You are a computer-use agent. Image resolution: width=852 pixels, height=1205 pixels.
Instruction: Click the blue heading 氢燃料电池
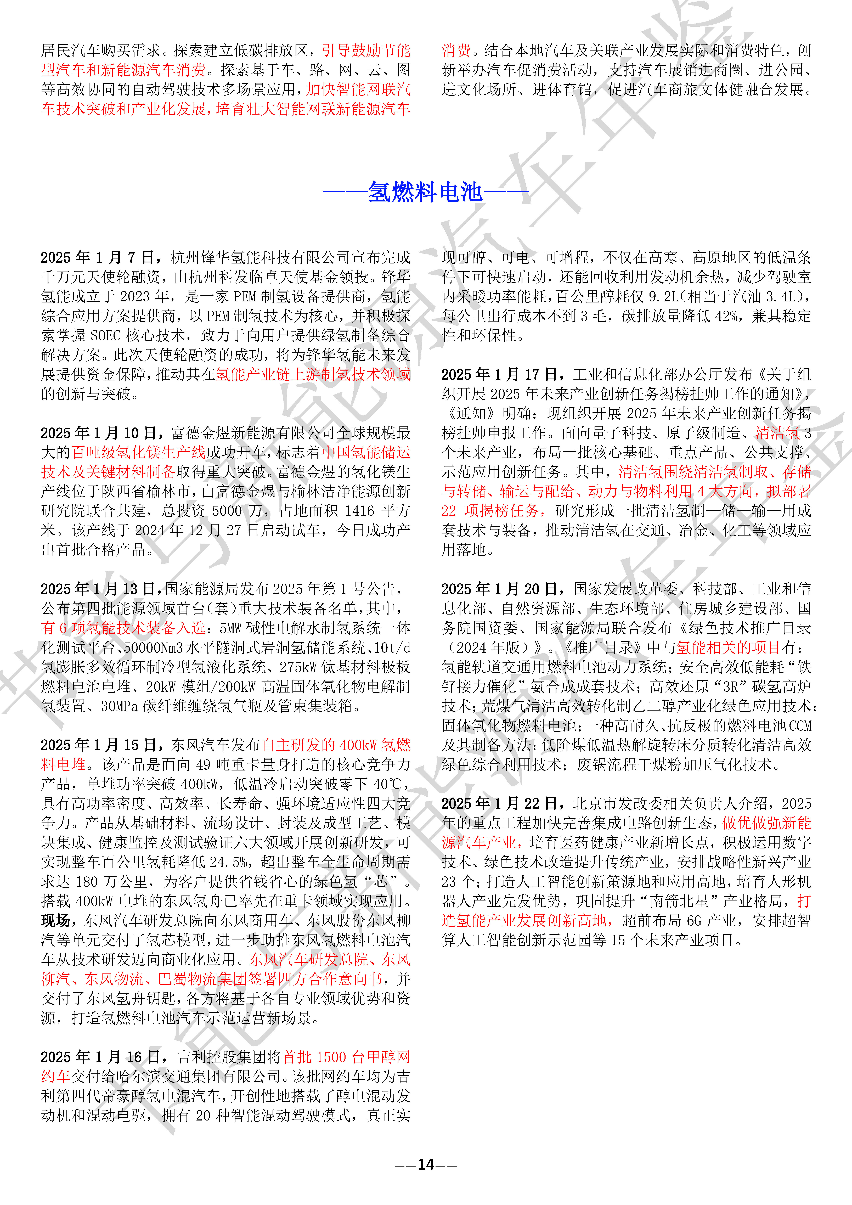[x=425, y=192]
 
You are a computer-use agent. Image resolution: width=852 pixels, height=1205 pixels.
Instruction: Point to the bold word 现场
[x=56, y=921]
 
